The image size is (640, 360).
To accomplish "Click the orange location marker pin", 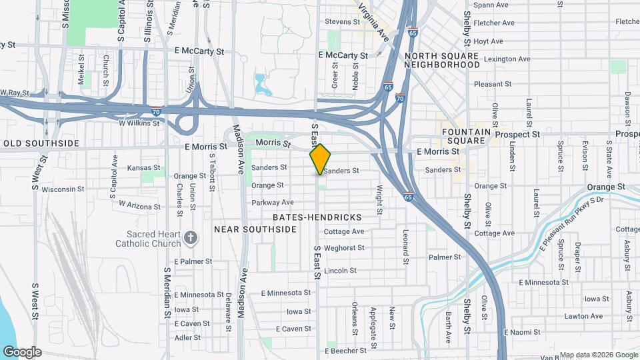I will click(320, 159).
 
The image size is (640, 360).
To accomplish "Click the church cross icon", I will click(190, 238).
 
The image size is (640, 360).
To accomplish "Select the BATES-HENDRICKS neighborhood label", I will click(317, 217).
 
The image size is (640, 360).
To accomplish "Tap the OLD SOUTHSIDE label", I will click(41, 143).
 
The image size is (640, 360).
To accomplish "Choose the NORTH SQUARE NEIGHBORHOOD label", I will click(441, 60).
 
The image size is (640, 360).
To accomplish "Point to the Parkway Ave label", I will click(273, 202).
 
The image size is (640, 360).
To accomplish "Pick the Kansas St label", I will click(144, 168).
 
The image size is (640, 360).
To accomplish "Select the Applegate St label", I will click(373, 318).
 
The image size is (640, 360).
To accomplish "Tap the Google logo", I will click(22, 352).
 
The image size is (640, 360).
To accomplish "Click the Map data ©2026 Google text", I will click(599, 355).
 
